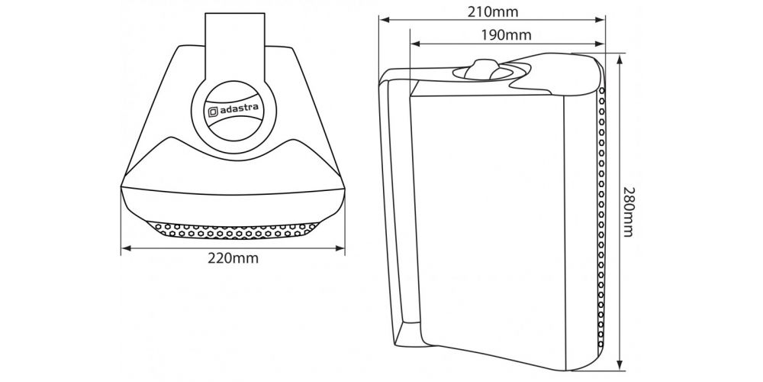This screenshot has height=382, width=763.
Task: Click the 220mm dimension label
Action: (x=233, y=258)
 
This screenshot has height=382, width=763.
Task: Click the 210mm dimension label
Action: (x=492, y=12)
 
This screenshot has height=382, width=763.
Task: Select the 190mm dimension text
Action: (x=506, y=35)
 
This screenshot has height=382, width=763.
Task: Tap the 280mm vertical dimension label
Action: (x=628, y=212)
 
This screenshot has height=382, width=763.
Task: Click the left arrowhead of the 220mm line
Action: (x=126, y=248)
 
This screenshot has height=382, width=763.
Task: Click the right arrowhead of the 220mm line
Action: (x=340, y=248)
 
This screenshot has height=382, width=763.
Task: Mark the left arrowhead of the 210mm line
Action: (x=385, y=20)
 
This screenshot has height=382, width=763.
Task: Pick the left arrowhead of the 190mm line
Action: (x=415, y=44)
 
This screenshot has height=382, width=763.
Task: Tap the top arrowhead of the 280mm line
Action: (x=619, y=59)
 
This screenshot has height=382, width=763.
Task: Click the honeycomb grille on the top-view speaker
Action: (x=233, y=231)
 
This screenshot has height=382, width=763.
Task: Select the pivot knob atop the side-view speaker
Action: (x=481, y=70)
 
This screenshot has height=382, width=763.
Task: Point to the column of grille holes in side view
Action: (x=601, y=217)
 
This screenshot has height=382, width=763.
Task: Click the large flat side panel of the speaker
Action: (x=487, y=224)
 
